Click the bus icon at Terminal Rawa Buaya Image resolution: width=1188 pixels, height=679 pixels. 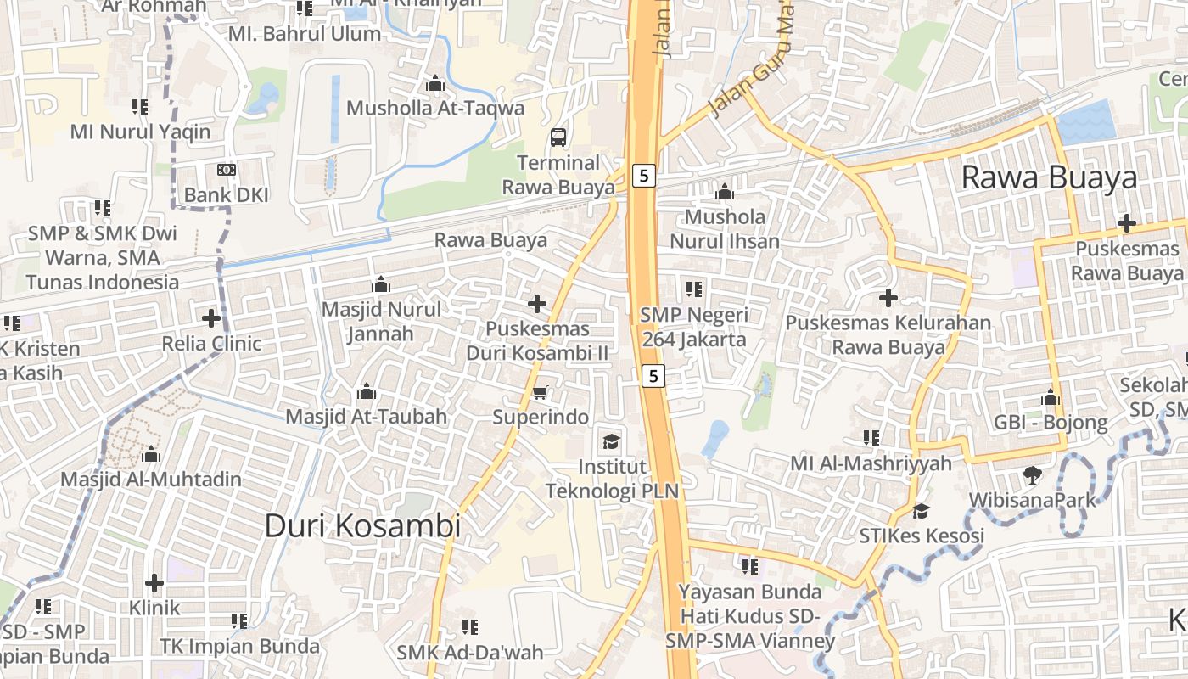tap(558, 136)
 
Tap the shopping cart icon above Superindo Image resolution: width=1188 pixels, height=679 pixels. tap(540, 392)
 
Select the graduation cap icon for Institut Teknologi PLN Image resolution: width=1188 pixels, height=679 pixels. tap(610, 441)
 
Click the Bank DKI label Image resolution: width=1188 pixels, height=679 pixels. tap(226, 194)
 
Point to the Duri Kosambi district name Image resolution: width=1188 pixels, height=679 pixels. tap(362, 525)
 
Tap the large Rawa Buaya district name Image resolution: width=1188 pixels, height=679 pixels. tap(1049, 177)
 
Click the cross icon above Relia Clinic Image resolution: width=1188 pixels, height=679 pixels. tap(211, 318)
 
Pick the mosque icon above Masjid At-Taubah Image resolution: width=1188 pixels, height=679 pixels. tap(367, 391)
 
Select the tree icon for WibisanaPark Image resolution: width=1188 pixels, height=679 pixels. tap(1033, 474)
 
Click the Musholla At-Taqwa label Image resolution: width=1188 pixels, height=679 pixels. tap(435, 109)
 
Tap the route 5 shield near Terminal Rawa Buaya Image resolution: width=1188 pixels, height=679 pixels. tap(644, 176)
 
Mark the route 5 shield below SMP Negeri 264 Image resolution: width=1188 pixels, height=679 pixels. tap(652, 375)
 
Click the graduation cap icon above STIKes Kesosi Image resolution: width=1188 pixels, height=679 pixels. tap(921, 511)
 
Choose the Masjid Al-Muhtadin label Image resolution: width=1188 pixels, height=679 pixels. tap(151, 479)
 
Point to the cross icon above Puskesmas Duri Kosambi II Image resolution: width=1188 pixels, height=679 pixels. tap(537, 303)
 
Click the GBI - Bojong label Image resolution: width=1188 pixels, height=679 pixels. tap(1051, 422)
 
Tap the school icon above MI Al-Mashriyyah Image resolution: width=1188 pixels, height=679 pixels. tap(871, 438)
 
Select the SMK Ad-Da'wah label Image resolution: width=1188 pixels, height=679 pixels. tap(470, 653)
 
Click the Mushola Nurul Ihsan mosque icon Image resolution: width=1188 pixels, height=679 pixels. tap(725, 192)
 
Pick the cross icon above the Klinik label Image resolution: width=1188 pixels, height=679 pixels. tap(154, 583)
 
